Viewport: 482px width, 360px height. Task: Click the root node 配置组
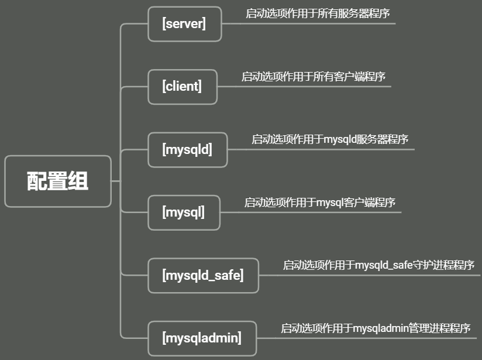(57, 181)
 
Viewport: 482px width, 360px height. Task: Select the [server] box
(184, 24)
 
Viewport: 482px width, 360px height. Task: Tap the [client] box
(182, 87)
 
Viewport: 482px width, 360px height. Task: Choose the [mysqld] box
(187, 149)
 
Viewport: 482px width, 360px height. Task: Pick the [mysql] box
(184, 212)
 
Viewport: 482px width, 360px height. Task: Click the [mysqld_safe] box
(202, 275)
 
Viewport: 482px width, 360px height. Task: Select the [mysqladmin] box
(202, 338)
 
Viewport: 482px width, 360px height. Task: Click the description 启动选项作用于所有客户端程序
(314, 77)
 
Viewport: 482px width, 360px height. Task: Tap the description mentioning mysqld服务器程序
(330, 139)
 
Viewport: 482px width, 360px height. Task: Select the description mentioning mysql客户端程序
(320, 203)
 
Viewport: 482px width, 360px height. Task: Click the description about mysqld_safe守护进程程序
(378, 265)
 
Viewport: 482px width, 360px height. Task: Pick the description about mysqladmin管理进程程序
(376, 328)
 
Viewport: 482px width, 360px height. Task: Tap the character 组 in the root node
(78, 181)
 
